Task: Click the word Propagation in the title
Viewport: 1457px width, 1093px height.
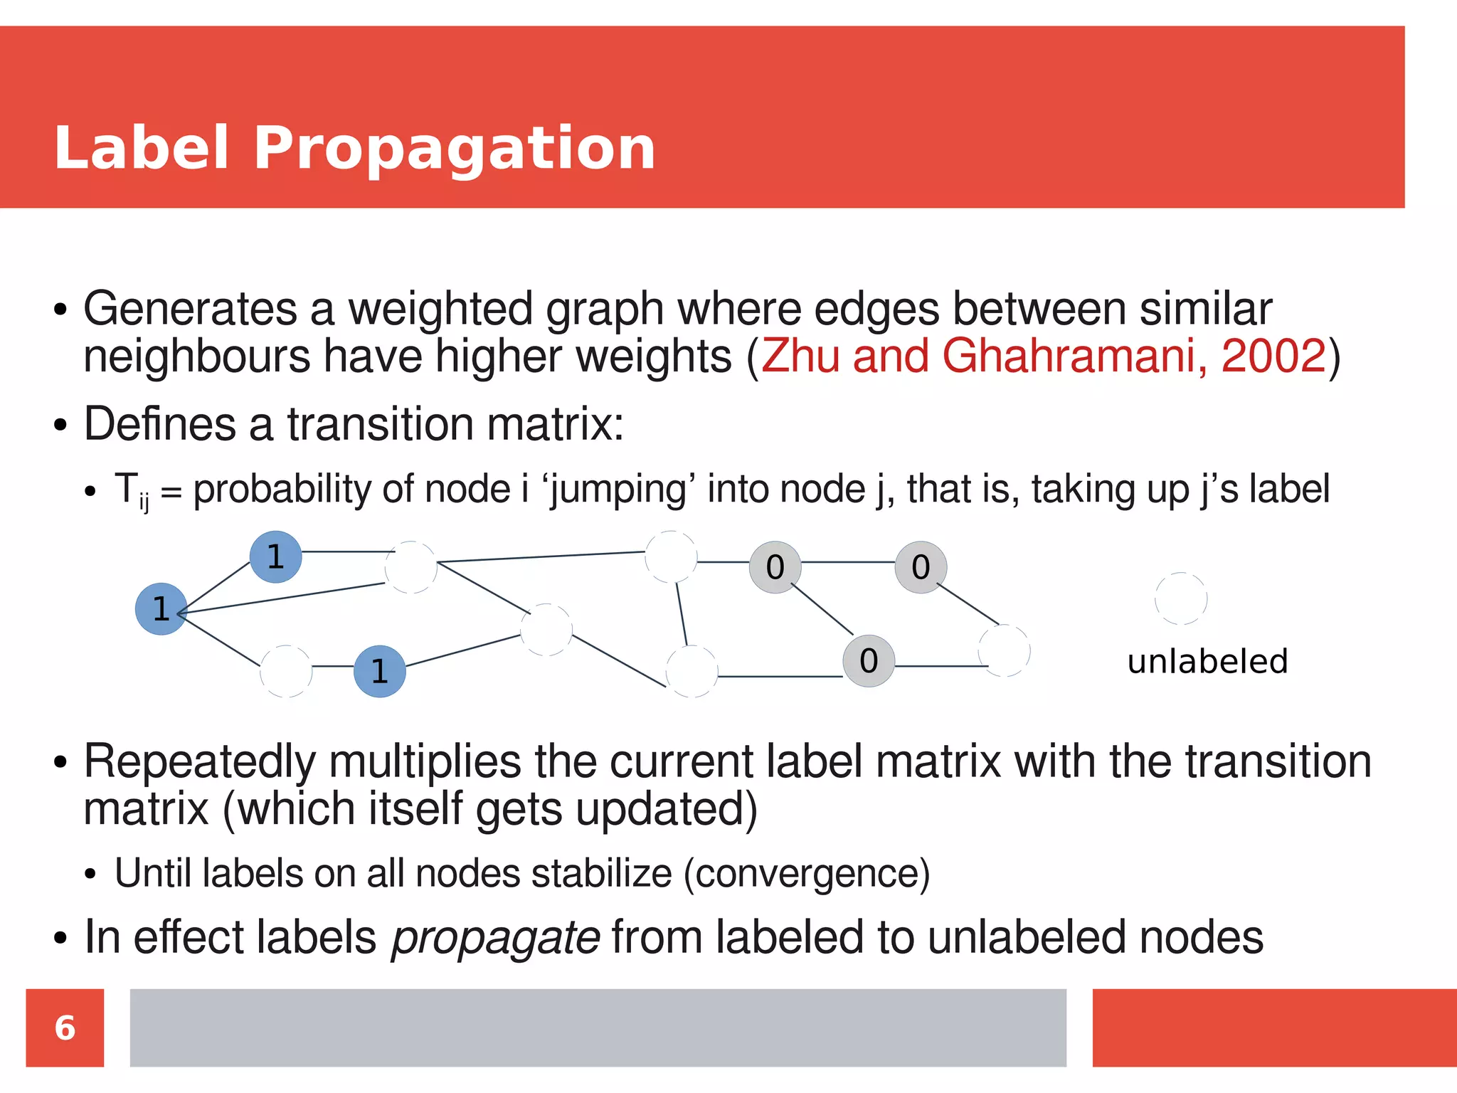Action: [454, 149]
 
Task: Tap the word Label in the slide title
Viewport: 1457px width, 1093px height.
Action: [141, 147]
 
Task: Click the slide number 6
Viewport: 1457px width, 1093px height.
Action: [65, 1028]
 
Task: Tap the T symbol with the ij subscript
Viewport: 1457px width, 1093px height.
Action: [131, 490]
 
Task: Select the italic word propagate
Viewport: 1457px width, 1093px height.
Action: [496, 937]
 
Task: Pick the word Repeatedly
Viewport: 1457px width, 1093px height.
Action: [199, 761]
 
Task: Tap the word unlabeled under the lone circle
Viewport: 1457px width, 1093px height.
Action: [1207, 661]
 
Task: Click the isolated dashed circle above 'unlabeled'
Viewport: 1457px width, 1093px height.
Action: [1181, 598]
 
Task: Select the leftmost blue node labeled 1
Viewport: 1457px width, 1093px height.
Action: [161, 609]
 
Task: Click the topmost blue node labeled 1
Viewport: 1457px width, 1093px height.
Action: [275, 556]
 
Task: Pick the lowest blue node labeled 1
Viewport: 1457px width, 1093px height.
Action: [380, 671]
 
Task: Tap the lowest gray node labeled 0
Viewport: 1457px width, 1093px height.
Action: [868, 661]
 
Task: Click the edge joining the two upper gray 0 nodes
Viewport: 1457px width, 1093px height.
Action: [848, 562]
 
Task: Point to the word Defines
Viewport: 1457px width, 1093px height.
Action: [159, 424]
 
